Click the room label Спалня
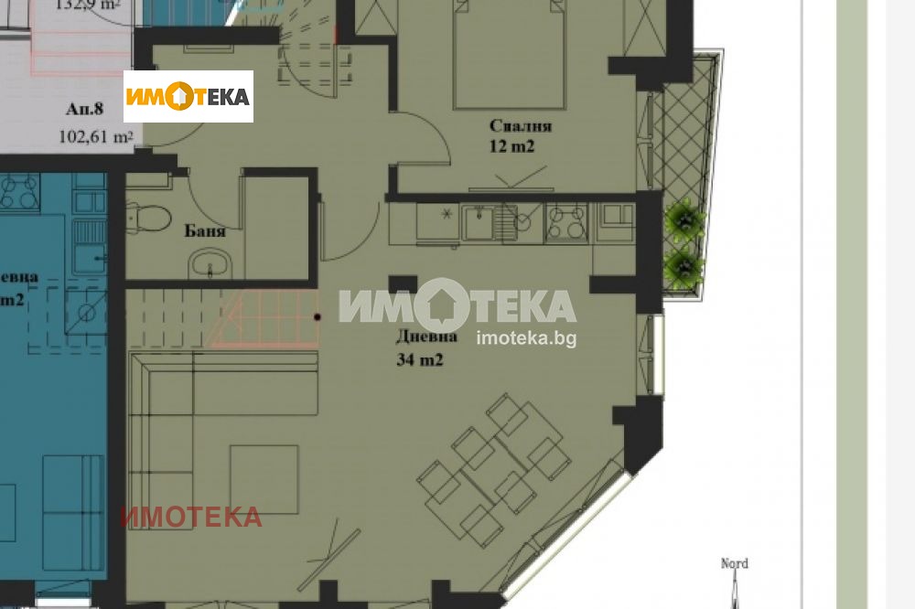tap(521, 126)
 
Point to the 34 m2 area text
tap(420, 360)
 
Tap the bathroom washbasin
tap(211, 267)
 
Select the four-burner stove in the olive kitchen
tap(566, 223)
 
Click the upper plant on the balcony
tap(684, 220)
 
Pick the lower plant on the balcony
tap(684, 267)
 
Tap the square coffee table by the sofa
tap(264, 479)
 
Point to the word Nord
tap(735, 563)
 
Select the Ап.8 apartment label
tap(85, 110)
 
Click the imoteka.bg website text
tap(526, 337)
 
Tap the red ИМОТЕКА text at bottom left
tap(190, 517)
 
